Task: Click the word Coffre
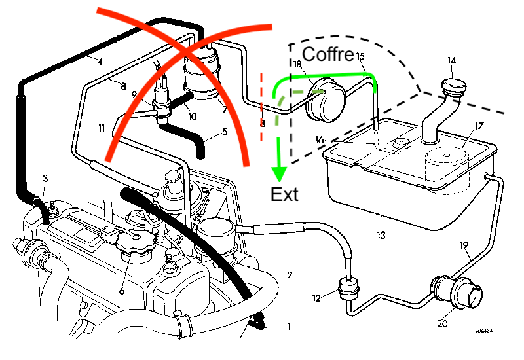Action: pos(328,53)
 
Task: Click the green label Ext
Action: pos(284,194)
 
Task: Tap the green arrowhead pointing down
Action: pos(279,173)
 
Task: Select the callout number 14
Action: pos(451,61)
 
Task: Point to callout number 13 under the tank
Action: pos(381,234)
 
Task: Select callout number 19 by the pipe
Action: pos(464,245)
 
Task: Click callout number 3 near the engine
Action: pos(45,178)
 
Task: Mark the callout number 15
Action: pos(361,57)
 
